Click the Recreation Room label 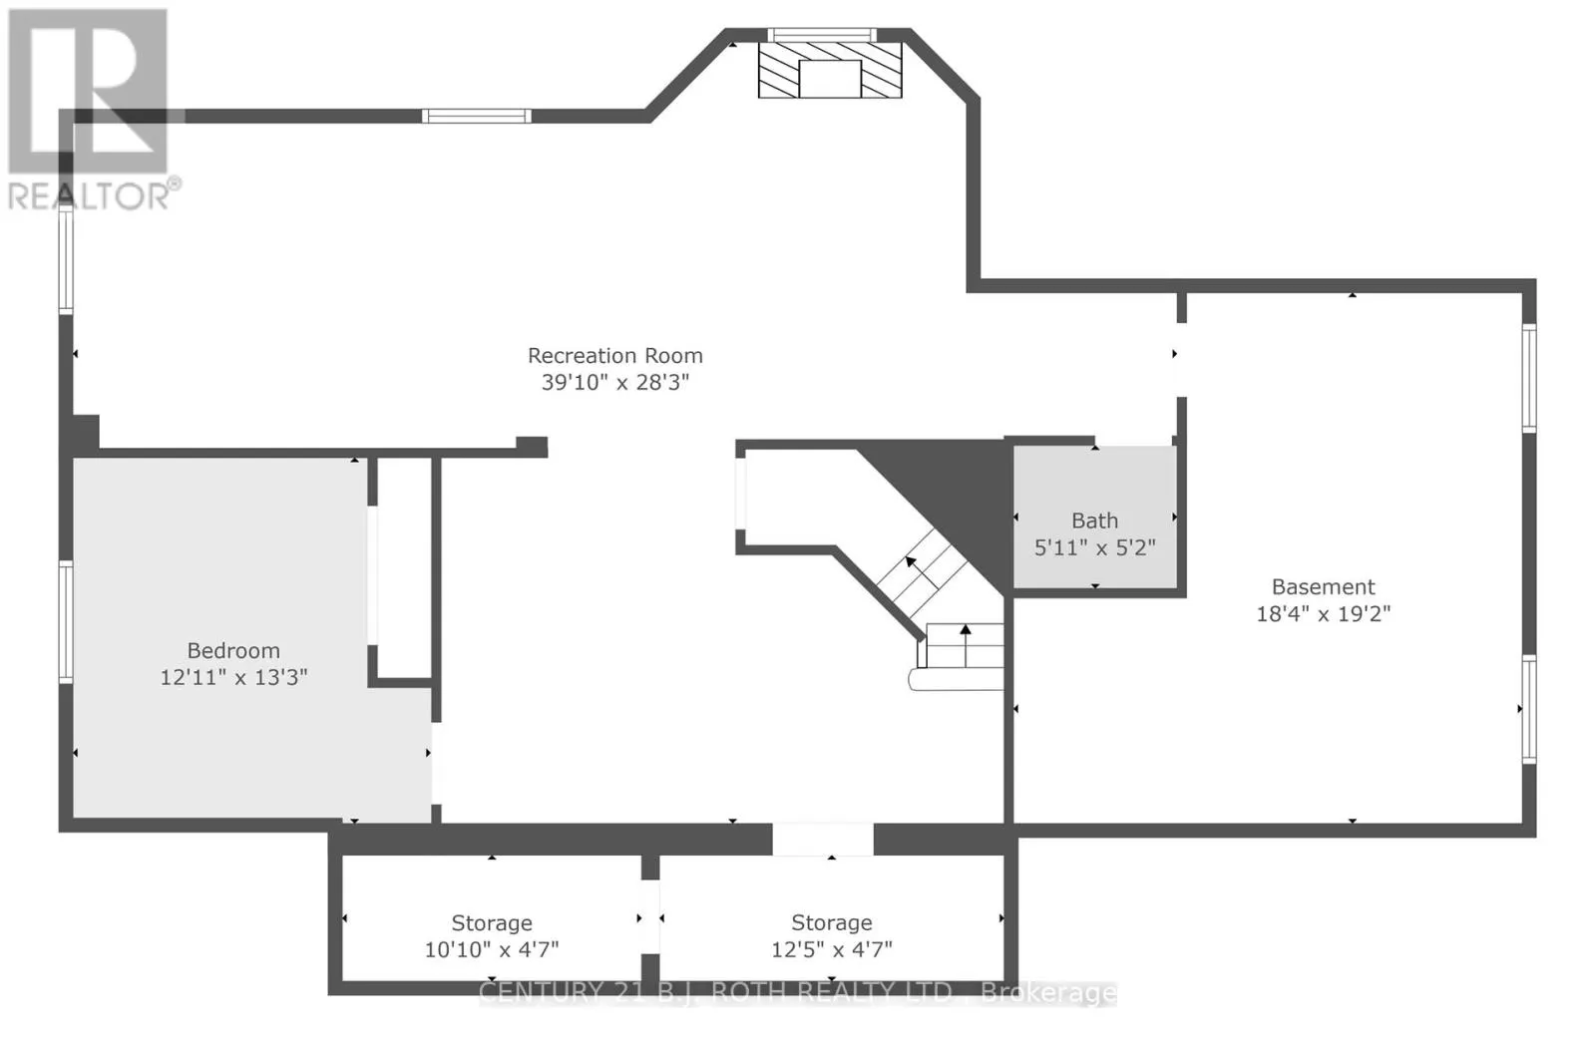614,356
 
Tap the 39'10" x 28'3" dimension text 614,382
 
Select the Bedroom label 233,651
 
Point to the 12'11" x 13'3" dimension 233,677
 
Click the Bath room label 1094,521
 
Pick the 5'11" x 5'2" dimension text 1094,547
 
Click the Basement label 1323,587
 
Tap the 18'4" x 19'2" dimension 1323,613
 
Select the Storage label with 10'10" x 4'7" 491,923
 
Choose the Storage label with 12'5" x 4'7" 831,923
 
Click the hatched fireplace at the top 830,70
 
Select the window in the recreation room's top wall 477,117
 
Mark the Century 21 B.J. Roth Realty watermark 798,992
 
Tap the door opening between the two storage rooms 650,916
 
